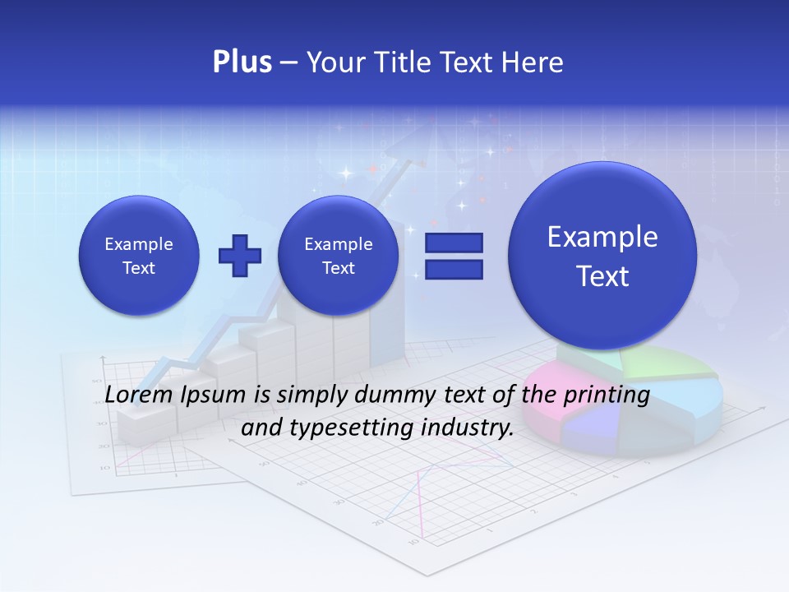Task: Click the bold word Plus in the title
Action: pos(242,62)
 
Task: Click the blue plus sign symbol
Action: pos(239,256)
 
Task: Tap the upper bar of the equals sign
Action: pos(454,243)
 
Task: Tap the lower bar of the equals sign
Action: pos(454,270)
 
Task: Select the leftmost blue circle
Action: pos(139,256)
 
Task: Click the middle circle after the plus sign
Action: pos(338,256)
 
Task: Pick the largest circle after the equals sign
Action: pos(602,256)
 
